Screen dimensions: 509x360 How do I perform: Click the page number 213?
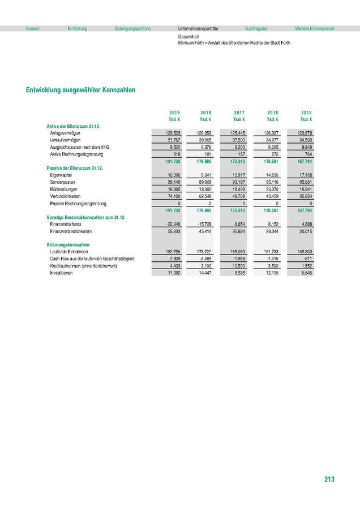coord(329,480)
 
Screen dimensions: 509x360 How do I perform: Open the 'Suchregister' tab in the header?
coord(256,28)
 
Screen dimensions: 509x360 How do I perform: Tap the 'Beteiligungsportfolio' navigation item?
coord(132,28)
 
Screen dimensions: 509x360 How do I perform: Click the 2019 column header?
coord(174,113)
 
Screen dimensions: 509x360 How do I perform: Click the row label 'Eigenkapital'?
coord(61,175)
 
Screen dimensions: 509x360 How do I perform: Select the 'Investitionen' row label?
coord(61,273)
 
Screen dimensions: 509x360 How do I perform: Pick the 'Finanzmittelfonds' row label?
coord(65,225)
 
